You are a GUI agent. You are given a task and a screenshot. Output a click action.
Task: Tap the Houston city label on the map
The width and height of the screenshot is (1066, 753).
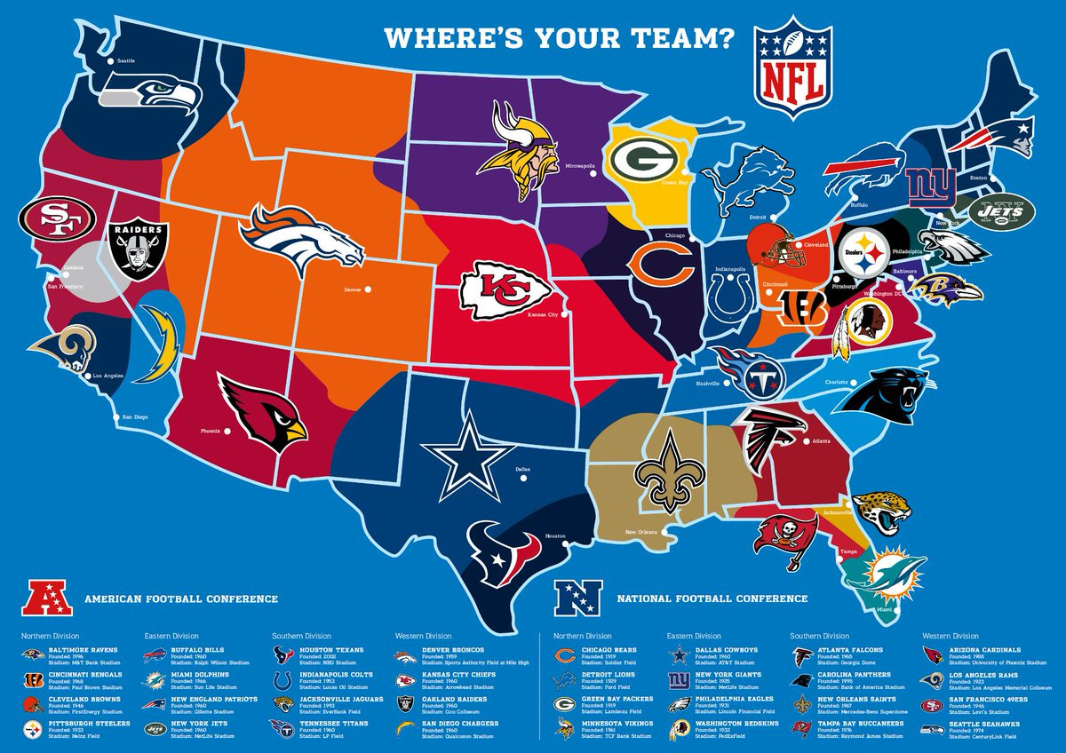(x=555, y=537)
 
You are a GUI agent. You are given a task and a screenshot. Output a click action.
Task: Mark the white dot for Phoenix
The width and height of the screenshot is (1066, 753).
(x=227, y=432)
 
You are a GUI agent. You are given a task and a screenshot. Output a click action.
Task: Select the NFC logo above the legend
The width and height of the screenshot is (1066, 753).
(x=578, y=598)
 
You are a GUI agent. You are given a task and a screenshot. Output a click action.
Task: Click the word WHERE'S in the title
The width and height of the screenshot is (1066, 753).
(x=435, y=38)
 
